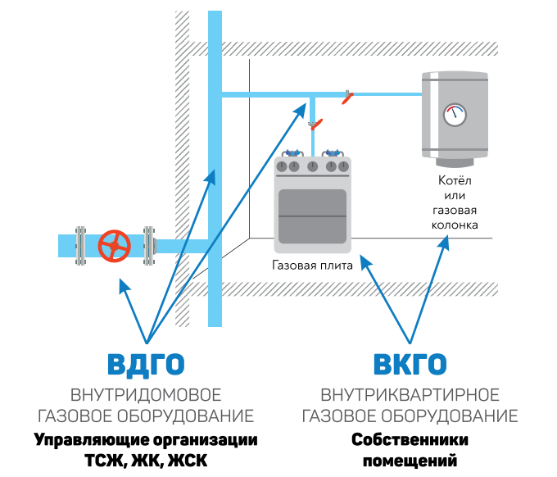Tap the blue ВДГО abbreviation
(146, 364)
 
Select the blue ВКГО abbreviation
(410, 364)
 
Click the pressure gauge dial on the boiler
(453, 114)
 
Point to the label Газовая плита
(312, 266)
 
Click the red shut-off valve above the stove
(315, 125)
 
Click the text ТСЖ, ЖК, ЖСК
(146, 461)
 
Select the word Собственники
(410, 439)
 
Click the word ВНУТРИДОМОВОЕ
(146, 394)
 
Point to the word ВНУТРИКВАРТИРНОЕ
(410, 394)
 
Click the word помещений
(410, 461)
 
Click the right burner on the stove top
(332, 152)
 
